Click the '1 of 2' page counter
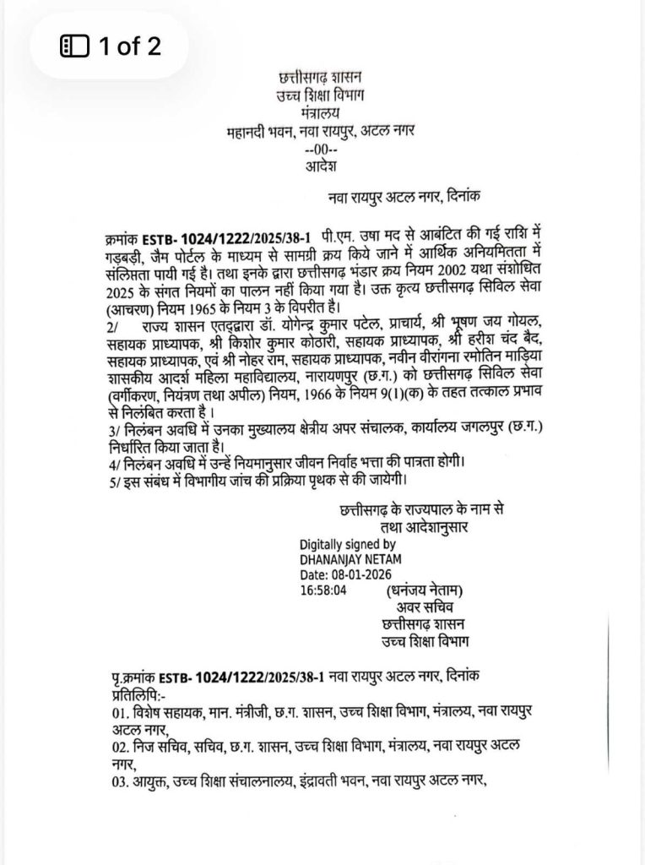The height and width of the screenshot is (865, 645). [129, 46]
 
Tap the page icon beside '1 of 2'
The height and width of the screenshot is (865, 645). [75, 47]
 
